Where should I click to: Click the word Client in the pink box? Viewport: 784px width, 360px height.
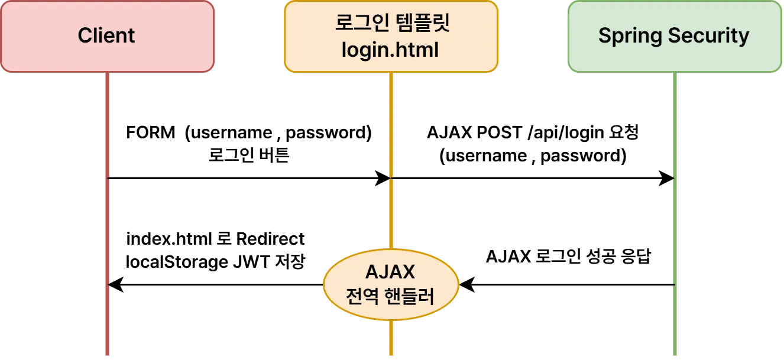pos(106,36)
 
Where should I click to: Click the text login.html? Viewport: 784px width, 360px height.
pos(390,50)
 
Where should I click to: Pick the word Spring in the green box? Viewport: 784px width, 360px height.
pos(630,36)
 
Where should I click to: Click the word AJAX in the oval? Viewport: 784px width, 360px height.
pos(390,273)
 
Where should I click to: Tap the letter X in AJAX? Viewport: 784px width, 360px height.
pos(408,273)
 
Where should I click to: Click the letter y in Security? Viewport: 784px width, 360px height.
pos(744,38)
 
